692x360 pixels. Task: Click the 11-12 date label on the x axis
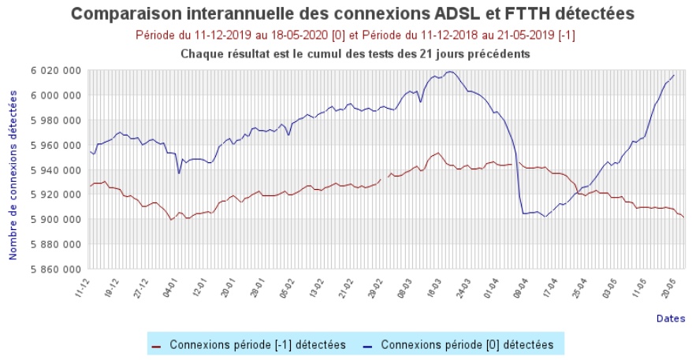pyautogui.click(x=81, y=286)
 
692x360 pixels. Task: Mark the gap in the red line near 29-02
pyautogui.click(x=384, y=178)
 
